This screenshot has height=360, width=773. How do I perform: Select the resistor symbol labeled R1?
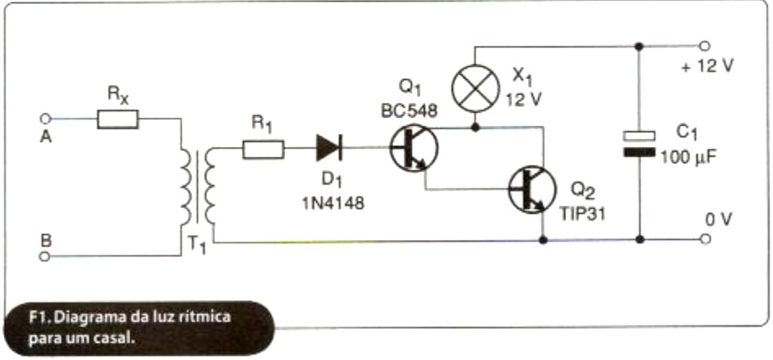coord(263,149)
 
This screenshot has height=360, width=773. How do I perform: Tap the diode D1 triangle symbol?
coord(329,149)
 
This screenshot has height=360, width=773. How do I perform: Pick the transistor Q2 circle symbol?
coord(531,189)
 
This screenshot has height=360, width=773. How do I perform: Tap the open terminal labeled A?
coord(47,119)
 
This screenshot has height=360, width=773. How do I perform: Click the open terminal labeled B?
coord(47,256)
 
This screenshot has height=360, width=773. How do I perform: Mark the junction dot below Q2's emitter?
coord(543,241)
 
